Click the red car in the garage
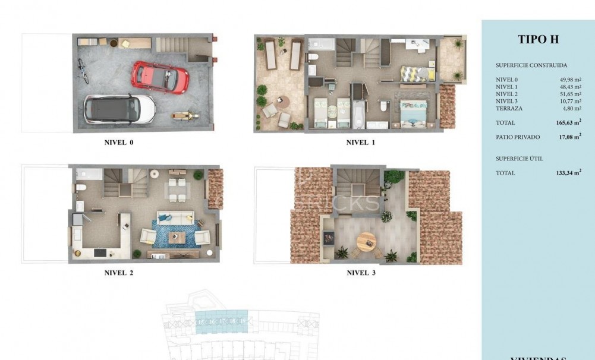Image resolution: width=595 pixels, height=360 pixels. tap(160, 75)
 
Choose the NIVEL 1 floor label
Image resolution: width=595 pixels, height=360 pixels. tap(361, 143)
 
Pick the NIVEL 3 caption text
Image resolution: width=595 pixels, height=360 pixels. tap(361, 273)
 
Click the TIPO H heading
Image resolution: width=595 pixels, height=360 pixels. tap(538, 40)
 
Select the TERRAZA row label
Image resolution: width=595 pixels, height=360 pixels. tap(509, 109)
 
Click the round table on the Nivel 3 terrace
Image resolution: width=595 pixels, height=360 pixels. tap(366, 241)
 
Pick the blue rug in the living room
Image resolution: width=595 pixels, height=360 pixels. tap(177, 233)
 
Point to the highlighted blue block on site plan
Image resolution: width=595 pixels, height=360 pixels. tap(221, 320)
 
